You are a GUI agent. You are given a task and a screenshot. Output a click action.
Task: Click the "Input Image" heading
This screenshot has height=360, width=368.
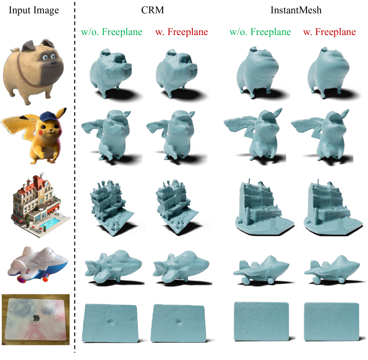(34, 11)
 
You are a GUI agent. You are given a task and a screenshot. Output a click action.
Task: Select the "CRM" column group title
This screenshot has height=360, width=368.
(153, 10)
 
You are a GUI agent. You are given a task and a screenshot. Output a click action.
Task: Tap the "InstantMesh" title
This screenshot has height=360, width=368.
(296, 10)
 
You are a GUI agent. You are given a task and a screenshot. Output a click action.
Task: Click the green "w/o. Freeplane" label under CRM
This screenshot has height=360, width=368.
(112, 31)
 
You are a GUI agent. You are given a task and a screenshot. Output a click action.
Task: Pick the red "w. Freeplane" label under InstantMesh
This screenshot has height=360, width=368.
(329, 31)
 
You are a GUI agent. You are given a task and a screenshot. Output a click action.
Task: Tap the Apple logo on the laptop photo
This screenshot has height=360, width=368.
(36, 318)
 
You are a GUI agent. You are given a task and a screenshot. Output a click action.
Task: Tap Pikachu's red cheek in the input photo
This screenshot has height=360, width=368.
(41, 133)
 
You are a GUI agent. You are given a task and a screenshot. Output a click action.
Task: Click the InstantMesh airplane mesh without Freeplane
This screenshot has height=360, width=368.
(261, 270)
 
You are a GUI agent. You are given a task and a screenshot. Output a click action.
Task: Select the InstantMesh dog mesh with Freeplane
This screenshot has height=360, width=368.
(328, 72)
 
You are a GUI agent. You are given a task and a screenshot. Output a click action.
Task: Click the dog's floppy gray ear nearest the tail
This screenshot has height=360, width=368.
(28, 46)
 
